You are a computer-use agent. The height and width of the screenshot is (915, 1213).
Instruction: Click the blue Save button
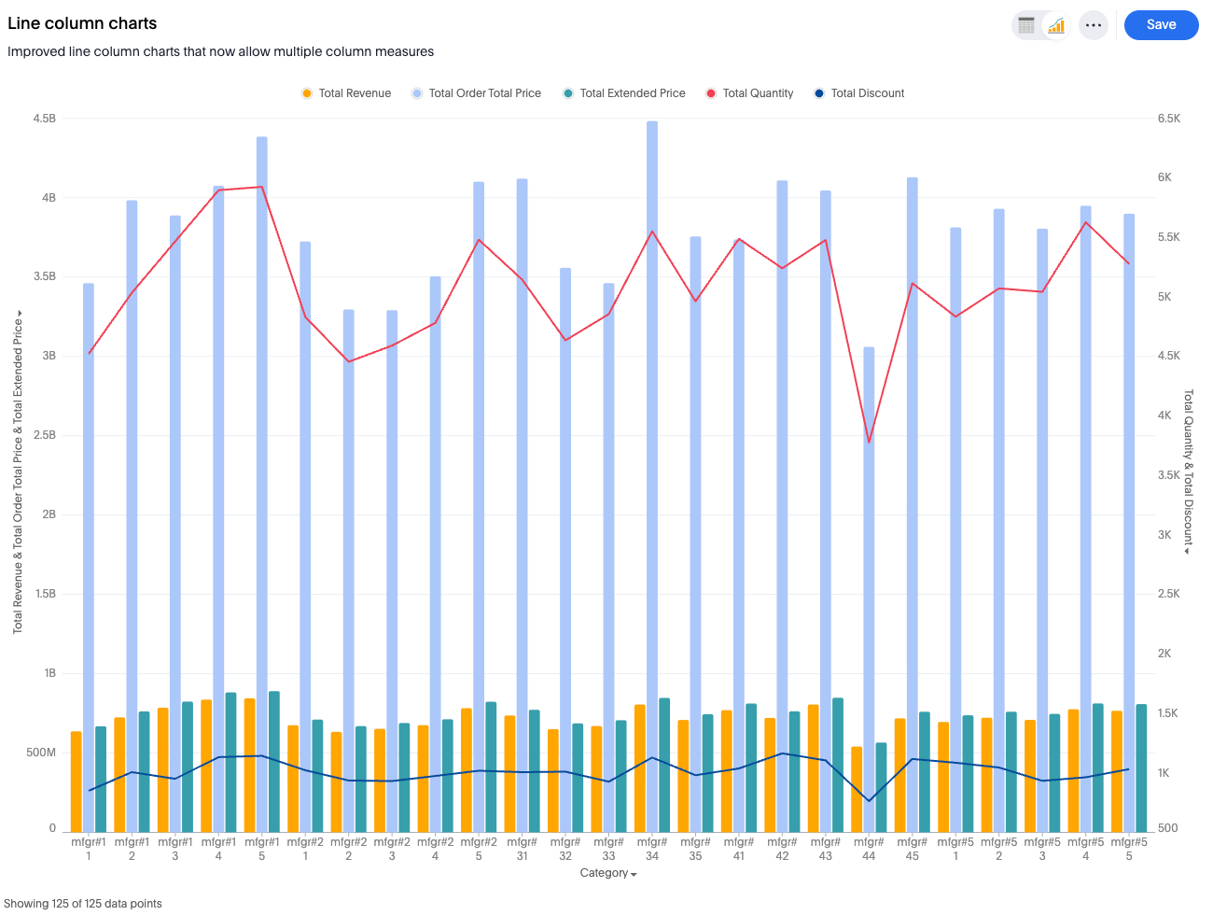[x=1161, y=25]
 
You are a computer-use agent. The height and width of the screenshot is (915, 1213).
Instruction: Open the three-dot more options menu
[x=1094, y=25]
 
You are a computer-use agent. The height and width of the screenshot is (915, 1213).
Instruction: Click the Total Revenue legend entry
[x=346, y=93]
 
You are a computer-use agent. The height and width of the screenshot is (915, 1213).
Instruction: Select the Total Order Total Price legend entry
[x=477, y=93]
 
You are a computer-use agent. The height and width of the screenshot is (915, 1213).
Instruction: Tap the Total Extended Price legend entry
[x=624, y=93]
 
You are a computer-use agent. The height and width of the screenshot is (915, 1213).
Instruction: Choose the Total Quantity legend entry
[x=749, y=93]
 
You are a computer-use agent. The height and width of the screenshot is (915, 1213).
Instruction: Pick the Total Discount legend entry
[x=859, y=93]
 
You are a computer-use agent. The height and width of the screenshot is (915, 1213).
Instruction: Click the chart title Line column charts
[x=82, y=23]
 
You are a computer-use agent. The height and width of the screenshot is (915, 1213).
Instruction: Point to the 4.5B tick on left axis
[x=45, y=119]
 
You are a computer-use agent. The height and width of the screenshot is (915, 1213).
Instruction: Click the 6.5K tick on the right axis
[x=1168, y=119]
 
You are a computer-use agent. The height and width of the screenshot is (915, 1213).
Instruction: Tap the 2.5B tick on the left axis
[x=45, y=435]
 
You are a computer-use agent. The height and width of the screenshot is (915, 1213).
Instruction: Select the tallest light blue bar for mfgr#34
[x=652, y=467]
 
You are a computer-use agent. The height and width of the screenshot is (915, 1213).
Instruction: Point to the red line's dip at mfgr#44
[x=869, y=442]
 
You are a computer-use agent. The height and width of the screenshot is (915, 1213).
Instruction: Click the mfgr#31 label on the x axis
[x=522, y=849]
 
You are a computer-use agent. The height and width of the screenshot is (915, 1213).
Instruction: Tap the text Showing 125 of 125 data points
[x=83, y=903]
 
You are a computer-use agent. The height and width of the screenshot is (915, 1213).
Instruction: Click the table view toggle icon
[x=1026, y=25]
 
